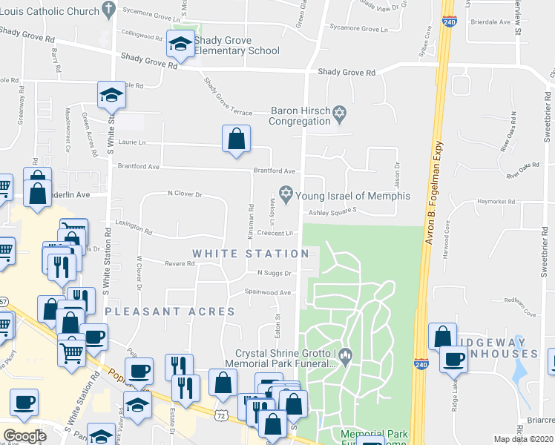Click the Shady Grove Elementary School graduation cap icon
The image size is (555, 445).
click(x=180, y=45)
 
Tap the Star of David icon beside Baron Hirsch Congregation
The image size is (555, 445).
click(x=340, y=114)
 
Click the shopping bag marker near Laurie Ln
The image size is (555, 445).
click(x=236, y=139)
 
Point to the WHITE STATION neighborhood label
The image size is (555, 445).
click(x=251, y=254)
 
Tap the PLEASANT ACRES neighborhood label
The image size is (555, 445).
click(x=170, y=311)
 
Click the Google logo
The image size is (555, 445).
click(x=24, y=435)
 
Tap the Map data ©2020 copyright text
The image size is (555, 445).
click(x=524, y=439)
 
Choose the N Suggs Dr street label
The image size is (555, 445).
click(x=273, y=273)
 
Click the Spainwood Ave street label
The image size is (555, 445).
click(x=268, y=292)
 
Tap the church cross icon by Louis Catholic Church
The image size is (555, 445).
click(x=109, y=10)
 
